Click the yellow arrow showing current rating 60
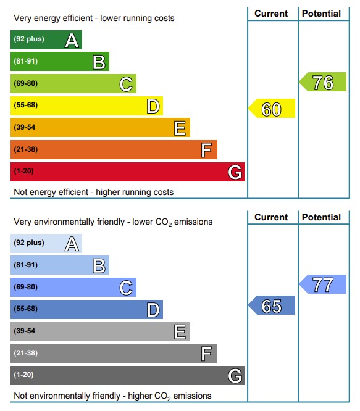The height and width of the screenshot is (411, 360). point(272,108)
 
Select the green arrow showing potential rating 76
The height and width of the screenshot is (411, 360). point(323,82)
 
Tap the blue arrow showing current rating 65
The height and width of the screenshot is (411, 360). point(272,305)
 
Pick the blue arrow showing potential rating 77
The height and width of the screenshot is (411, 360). point(323,284)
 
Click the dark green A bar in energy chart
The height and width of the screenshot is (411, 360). point(46,40)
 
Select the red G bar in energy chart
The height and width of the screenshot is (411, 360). point(127,172)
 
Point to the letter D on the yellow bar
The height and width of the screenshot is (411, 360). point(153,106)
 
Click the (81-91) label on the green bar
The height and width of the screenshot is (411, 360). point(26,61)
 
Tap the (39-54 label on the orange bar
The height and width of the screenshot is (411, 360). point(24,127)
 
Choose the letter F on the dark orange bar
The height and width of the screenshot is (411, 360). point(206,150)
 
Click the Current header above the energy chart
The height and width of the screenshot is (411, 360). point(271,14)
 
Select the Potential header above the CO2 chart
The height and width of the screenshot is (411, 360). point(321,217)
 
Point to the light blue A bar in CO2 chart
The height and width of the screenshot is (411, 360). point(46,244)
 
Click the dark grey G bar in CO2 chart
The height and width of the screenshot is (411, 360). point(127,376)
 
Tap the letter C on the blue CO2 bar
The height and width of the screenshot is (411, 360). point(126,288)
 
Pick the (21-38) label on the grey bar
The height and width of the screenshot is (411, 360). point(26,353)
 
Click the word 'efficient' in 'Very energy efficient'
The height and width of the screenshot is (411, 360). point(78,18)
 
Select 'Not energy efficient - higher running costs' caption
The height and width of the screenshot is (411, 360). point(94,192)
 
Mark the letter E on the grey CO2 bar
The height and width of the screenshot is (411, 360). point(180,332)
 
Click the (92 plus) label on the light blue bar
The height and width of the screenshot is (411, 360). point(29,243)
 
